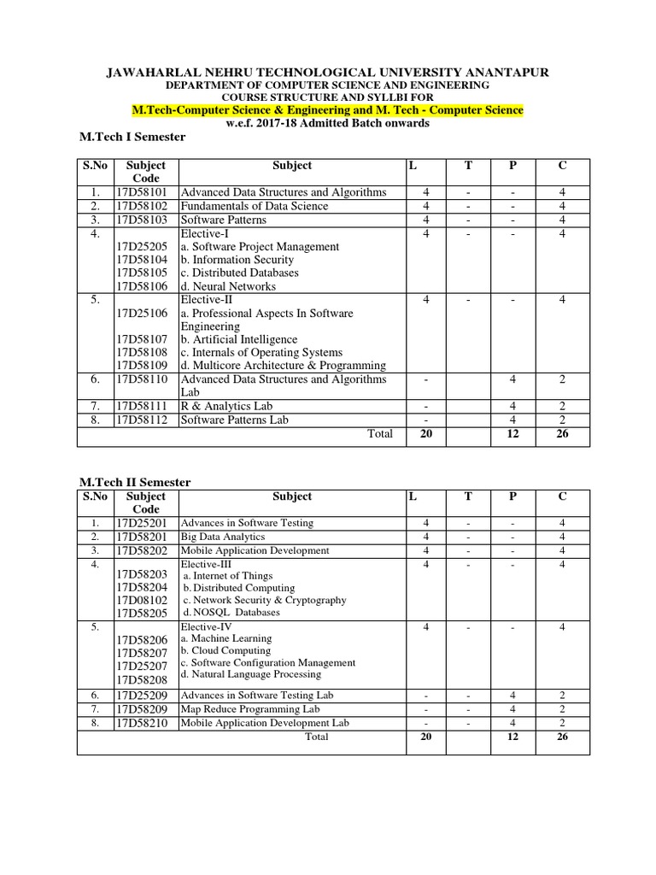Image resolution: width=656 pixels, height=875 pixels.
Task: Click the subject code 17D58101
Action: coord(146,192)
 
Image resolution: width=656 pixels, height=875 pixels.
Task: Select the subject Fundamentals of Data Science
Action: coord(254,206)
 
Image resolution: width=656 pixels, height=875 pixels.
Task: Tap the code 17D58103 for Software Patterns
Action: coord(146,220)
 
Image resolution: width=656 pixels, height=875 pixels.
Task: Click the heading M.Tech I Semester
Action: coord(131,137)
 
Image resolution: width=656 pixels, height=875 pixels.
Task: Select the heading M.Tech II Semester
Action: coord(134,483)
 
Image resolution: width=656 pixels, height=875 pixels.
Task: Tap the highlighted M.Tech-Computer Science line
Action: coord(328,110)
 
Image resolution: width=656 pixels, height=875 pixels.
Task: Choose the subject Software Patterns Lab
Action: coord(234,420)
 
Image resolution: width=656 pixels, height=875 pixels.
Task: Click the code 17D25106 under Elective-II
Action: coord(146,314)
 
